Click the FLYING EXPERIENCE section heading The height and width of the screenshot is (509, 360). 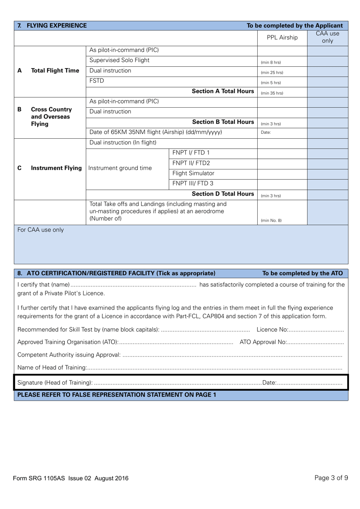[56, 26]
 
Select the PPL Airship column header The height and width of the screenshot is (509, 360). [282, 38]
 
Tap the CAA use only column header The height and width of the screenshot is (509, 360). [327, 37]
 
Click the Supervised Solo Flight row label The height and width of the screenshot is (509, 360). [119, 60]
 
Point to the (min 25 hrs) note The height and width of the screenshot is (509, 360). [272, 72]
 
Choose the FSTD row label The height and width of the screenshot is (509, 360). [97, 81]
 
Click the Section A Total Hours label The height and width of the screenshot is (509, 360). [223, 91]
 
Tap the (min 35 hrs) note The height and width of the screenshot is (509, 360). [272, 93]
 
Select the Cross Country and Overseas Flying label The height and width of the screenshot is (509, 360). [51, 116]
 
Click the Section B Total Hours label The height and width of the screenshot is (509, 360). [223, 122]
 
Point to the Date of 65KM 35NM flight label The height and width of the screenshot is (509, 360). [155, 132]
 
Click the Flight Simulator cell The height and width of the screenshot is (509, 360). [193, 173]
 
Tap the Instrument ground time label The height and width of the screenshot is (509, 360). [120, 168]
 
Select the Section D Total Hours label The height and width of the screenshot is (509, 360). [223, 194]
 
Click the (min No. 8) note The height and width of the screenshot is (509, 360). [271, 221]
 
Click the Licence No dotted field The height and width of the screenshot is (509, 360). [316, 330]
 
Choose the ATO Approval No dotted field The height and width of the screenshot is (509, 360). [315, 342]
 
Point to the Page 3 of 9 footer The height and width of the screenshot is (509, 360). [331, 478]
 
